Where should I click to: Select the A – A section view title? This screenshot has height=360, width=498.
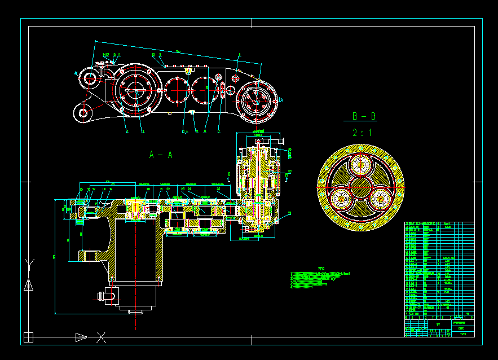tap(161, 155)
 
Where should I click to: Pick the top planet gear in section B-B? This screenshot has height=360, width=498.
tap(360, 165)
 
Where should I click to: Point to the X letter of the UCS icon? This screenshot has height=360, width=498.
tap(101, 337)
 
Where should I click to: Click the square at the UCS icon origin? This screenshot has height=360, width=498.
tap(29, 337)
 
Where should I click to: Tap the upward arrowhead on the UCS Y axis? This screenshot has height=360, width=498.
tap(29, 285)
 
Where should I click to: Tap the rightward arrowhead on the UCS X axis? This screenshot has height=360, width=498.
tap(81, 337)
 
